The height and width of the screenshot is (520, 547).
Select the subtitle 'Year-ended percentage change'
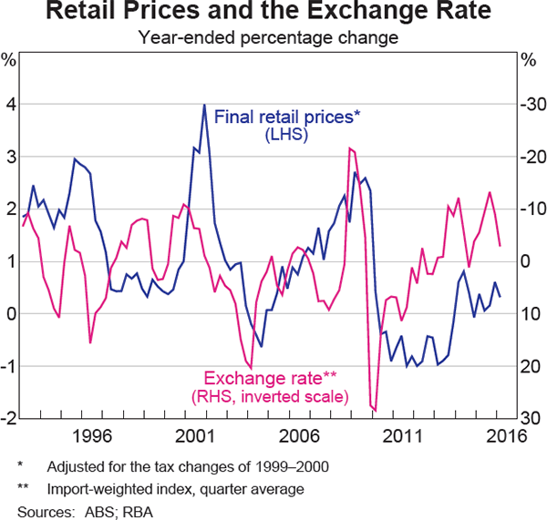click(273, 38)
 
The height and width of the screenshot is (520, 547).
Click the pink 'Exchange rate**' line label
click(272, 378)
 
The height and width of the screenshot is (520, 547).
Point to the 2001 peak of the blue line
click(203, 106)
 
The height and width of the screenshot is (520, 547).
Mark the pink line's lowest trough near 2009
click(375, 410)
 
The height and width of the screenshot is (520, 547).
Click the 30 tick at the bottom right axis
click(532, 418)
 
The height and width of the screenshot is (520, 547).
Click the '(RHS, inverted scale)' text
click(270, 397)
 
